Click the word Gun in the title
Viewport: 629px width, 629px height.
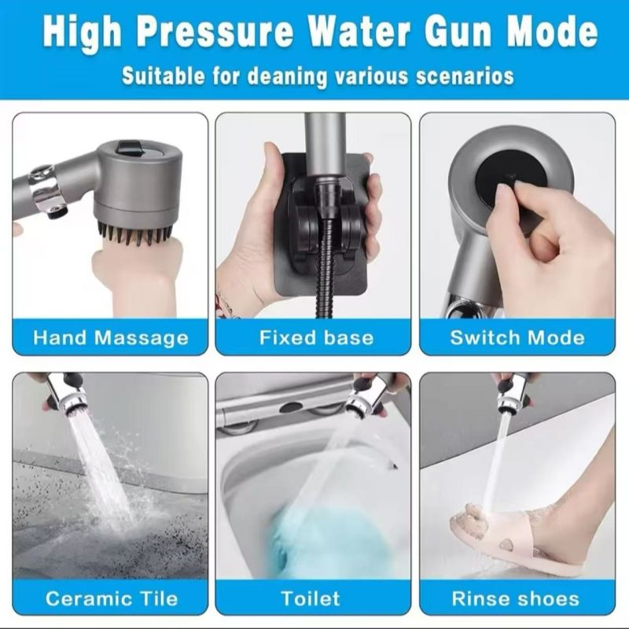tap(443, 33)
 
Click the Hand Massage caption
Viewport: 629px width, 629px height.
tap(111, 338)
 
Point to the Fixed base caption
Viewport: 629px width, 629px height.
tap(314, 338)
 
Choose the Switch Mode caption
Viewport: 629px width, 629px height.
tap(517, 338)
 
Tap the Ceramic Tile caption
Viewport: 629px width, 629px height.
tap(111, 598)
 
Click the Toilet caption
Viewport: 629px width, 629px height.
tap(314, 598)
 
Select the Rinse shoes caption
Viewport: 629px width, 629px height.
tap(517, 598)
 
